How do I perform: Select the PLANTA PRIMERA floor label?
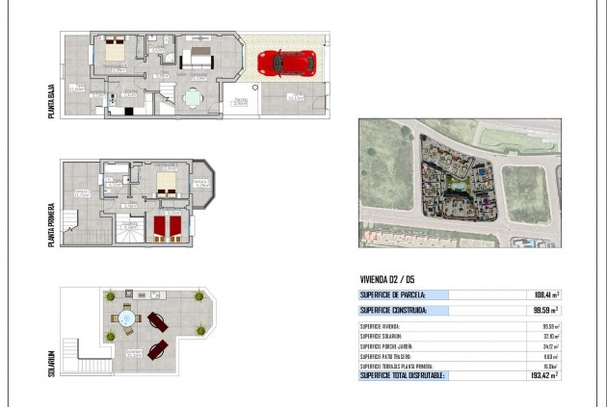click(x=51, y=224)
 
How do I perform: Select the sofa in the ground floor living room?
click(x=199, y=54)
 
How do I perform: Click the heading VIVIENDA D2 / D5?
click(x=388, y=280)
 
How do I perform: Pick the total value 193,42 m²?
click(x=542, y=375)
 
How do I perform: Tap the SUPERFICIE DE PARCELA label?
click(x=391, y=295)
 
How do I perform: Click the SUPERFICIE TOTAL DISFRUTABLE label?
click(x=402, y=375)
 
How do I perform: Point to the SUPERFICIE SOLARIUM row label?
click(x=381, y=336)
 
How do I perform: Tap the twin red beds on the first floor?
click(x=168, y=227)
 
